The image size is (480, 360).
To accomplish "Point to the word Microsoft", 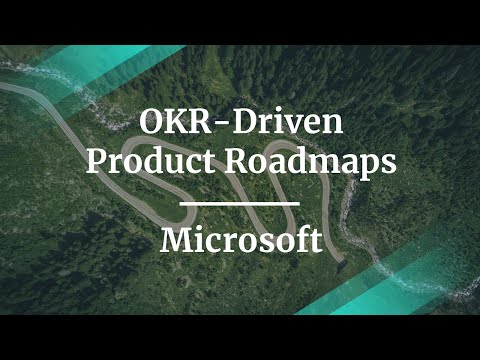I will click(x=240, y=240).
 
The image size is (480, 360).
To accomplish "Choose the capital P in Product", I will click(x=97, y=162).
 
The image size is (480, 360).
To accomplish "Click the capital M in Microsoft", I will click(x=176, y=240).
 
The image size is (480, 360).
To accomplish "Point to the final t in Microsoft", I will click(x=315, y=241).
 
